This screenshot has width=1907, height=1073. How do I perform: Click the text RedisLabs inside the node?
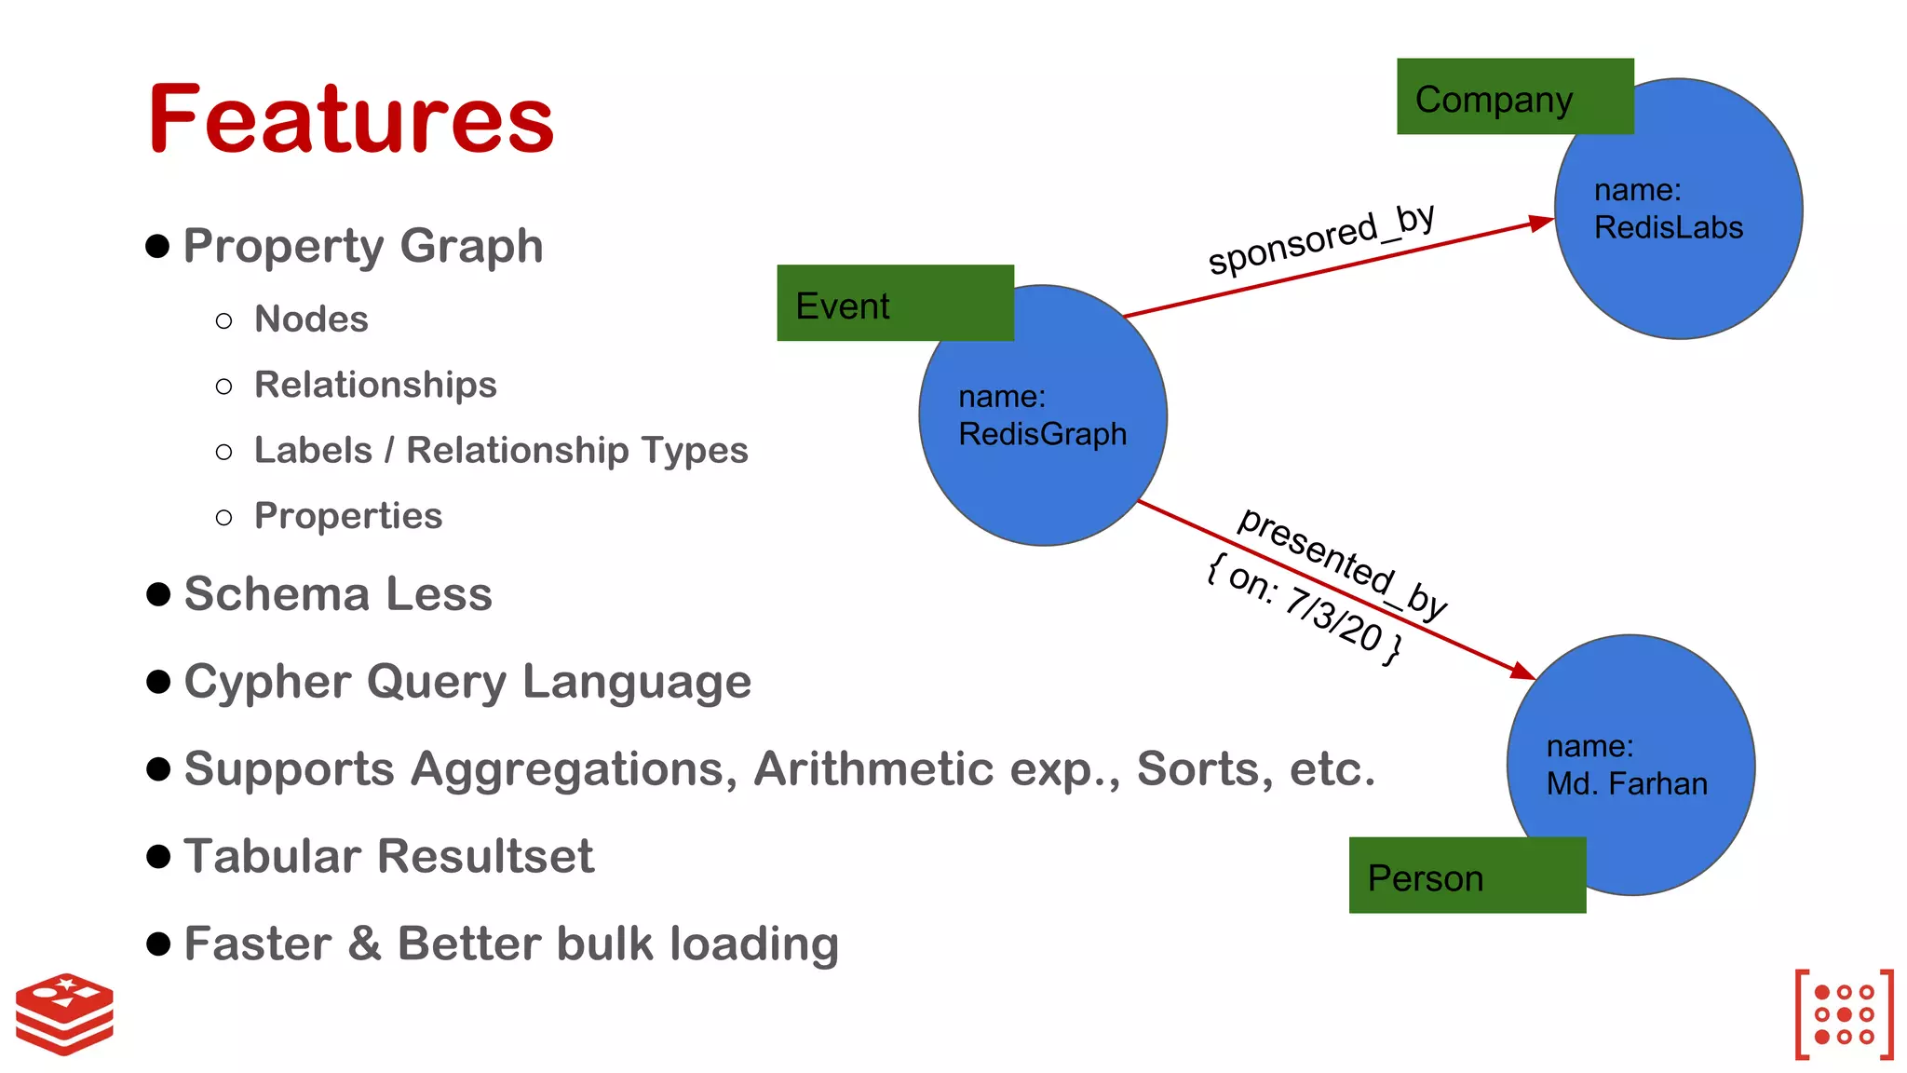click(x=1668, y=228)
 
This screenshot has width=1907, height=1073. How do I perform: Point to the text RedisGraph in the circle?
click(x=1042, y=434)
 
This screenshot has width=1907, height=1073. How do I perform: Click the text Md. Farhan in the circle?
click(x=1627, y=784)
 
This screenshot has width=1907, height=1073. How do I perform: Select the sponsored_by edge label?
click(x=1320, y=239)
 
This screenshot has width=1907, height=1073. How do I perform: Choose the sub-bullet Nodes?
click(x=311, y=319)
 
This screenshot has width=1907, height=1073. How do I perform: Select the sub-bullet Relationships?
click(x=375, y=385)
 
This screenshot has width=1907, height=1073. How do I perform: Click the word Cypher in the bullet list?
click(x=267, y=683)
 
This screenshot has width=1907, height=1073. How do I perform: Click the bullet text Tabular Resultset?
click(x=388, y=856)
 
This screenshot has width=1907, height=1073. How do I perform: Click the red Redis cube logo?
click(x=64, y=1013)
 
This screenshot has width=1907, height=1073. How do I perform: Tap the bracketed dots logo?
click(x=1844, y=1014)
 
